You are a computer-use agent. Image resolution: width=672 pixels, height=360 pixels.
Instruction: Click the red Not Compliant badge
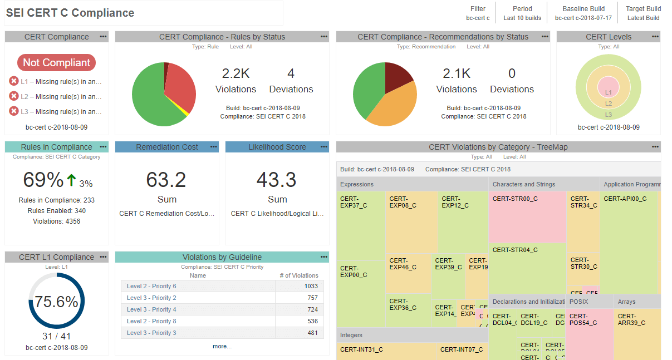56,62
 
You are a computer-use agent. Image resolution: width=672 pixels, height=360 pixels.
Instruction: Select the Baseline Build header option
583,13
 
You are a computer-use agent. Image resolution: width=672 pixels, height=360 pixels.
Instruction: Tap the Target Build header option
643,13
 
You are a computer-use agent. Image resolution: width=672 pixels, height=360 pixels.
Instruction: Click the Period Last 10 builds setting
522,13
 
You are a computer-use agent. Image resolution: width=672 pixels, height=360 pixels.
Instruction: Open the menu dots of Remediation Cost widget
214,147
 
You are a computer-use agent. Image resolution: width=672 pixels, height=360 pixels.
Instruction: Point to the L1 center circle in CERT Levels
608,89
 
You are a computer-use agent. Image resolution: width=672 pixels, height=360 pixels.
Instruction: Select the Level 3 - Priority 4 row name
151,309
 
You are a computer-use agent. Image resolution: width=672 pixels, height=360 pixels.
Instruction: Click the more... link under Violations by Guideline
222,346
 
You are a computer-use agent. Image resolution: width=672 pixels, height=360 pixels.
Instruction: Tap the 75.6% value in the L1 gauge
56,302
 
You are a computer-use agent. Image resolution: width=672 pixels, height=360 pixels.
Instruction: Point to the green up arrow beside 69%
71,180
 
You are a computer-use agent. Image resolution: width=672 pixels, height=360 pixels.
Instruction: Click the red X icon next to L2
14,96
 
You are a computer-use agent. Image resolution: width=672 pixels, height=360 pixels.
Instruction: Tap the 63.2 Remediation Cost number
166,180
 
